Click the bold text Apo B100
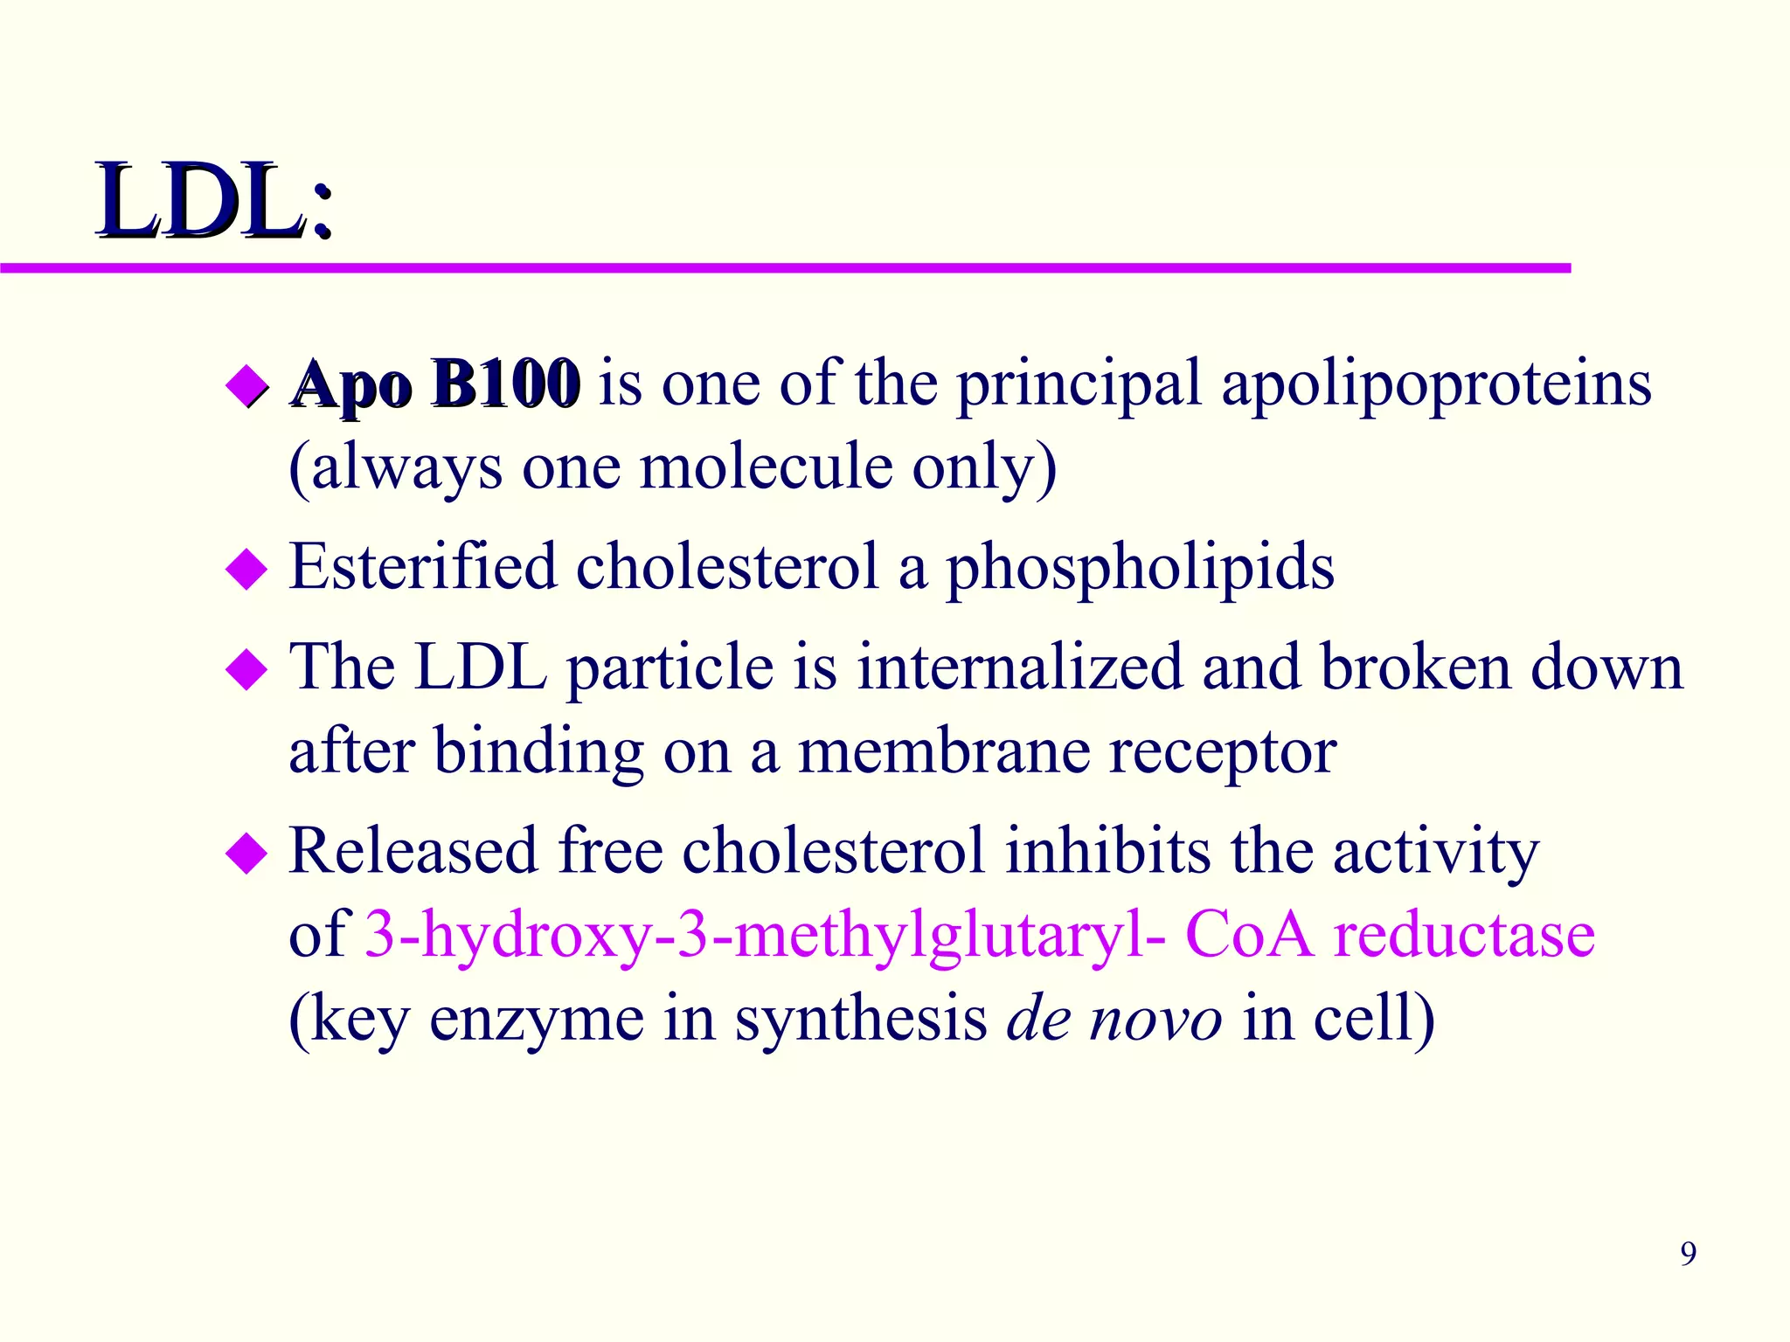point(435,384)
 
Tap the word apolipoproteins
point(1436,384)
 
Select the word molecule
point(766,467)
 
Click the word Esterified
point(422,567)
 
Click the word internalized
point(1018,668)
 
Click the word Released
point(413,850)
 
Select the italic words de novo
point(1114,1019)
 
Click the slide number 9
point(1688,1254)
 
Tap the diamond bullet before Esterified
point(246,570)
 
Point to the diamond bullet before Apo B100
point(246,387)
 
